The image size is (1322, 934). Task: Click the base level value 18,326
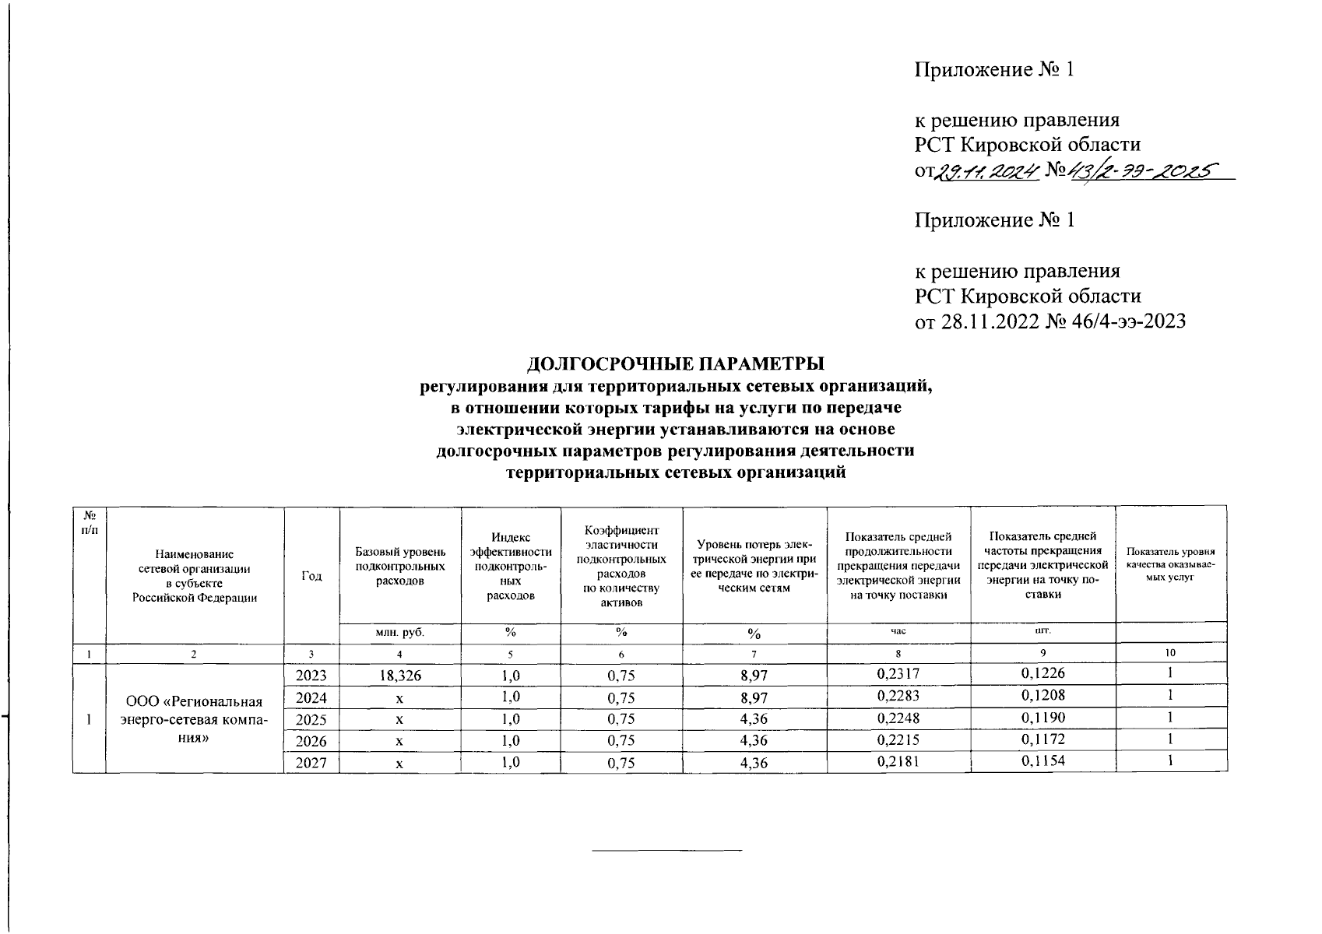pyautogui.click(x=399, y=676)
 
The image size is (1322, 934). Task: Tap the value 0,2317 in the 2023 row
pyautogui.click(x=898, y=674)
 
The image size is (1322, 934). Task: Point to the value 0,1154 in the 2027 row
pyautogui.click(x=1042, y=761)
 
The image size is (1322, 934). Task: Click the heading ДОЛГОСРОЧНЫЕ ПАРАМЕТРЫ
pyautogui.click(x=676, y=363)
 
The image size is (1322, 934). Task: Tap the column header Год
pyautogui.click(x=311, y=576)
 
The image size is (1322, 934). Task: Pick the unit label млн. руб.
pyautogui.click(x=399, y=633)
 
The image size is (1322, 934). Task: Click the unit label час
pyautogui.click(x=898, y=632)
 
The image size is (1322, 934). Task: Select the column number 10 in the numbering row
pyautogui.click(x=1170, y=653)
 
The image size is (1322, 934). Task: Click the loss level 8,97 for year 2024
pyautogui.click(x=754, y=697)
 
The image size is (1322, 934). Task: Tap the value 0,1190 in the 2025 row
pyautogui.click(x=1042, y=718)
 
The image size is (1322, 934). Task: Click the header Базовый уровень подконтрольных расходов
pyautogui.click(x=399, y=566)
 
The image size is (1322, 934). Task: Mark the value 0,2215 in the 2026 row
pyautogui.click(x=898, y=739)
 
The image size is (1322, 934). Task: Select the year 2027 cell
pyautogui.click(x=311, y=764)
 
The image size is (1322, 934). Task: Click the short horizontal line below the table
pyautogui.click(x=667, y=850)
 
